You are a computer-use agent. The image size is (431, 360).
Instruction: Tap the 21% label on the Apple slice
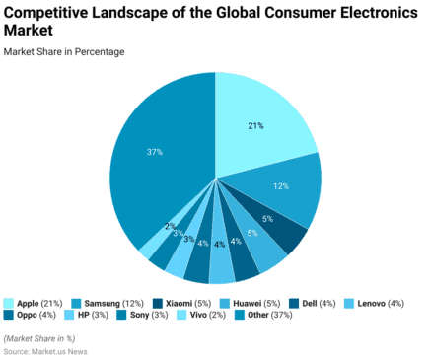click(x=255, y=125)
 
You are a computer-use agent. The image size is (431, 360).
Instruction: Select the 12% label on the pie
click(x=281, y=186)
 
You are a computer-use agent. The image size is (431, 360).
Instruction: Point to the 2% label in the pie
click(x=171, y=226)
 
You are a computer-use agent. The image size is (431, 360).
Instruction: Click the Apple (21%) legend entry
click(x=39, y=302)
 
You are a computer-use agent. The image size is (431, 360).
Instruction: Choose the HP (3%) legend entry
click(x=95, y=316)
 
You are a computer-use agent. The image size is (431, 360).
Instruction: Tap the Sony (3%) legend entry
click(x=150, y=316)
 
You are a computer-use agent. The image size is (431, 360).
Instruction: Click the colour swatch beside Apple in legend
click(x=9, y=302)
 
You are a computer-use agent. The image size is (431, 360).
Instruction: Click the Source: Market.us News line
click(x=45, y=351)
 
